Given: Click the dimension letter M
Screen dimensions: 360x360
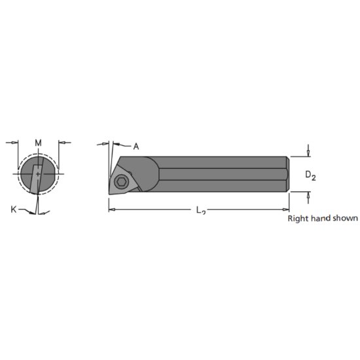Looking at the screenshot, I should (x=38, y=143).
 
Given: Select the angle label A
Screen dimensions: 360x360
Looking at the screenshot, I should (x=135, y=147).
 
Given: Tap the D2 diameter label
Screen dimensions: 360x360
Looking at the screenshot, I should (x=311, y=175).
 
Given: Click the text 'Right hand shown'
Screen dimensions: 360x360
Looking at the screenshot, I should (x=323, y=219).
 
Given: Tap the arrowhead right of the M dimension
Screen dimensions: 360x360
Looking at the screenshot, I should (x=62, y=141).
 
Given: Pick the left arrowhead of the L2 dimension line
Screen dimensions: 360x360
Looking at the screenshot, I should (x=112, y=209).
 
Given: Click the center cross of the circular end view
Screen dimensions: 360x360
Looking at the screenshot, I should (x=38, y=174).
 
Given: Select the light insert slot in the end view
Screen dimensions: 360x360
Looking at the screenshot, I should (x=37, y=174).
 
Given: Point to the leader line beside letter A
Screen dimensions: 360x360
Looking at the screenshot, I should (x=124, y=145).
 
